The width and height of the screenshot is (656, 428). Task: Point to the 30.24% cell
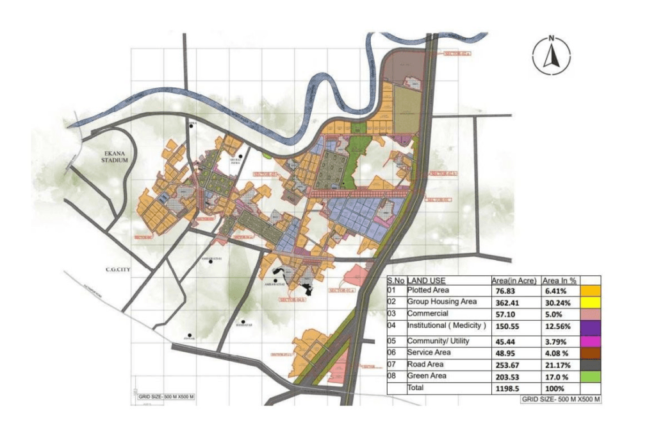tap(556, 302)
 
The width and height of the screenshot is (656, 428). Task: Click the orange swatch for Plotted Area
tap(590, 291)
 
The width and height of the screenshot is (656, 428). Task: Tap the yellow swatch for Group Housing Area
tap(590, 302)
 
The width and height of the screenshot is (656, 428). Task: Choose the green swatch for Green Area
tap(590, 377)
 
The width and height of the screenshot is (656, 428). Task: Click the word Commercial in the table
tap(427, 314)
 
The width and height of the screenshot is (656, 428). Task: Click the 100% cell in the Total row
tap(555, 388)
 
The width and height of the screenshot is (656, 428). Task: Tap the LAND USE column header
tap(427, 280)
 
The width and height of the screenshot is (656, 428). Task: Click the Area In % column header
tap(560, 280)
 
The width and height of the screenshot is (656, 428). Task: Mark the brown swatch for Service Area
tap(590, 352)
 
